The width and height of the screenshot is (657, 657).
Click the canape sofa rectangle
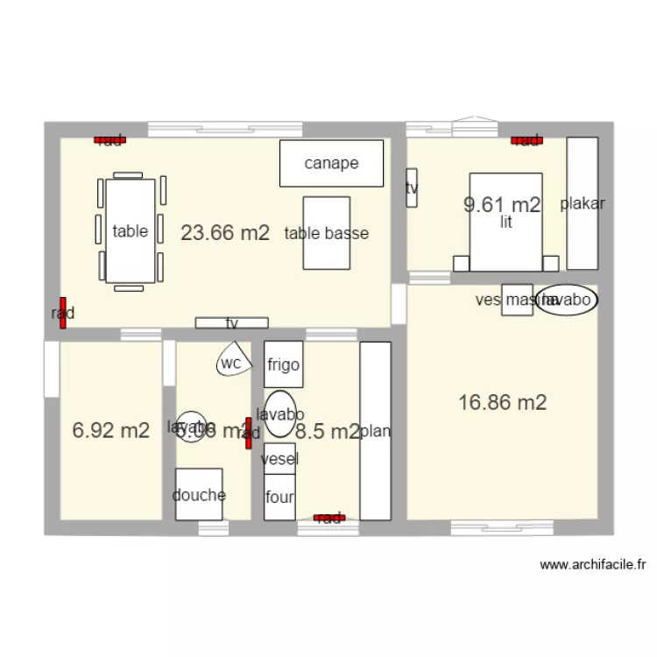point(331,163)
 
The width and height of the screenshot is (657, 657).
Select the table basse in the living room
point(326,233)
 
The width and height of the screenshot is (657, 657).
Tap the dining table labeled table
point(131,231)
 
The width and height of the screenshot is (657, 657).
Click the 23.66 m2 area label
point(225,233)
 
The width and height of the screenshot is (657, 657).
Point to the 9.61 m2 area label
point(502,205)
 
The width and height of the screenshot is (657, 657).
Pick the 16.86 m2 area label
point(503,402)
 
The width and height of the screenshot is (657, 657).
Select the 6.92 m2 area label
point(111,430)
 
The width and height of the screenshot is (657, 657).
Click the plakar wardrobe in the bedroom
point(583,203)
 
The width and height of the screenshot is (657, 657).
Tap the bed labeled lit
point(505,222)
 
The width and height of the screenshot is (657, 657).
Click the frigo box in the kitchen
point(284,364)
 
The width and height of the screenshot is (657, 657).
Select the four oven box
point(280,497)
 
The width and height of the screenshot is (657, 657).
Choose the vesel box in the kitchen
point(280,458)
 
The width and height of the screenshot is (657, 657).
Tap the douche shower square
point(199,494)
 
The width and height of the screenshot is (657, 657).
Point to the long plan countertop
point(375,430)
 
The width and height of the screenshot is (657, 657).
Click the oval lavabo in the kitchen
point(280,413)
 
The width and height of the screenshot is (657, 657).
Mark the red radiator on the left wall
point(63,312)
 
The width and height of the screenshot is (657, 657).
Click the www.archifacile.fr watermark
point(593,565)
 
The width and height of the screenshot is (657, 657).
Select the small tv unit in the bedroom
point(412,187)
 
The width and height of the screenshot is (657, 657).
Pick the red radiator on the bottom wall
point(329,518)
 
